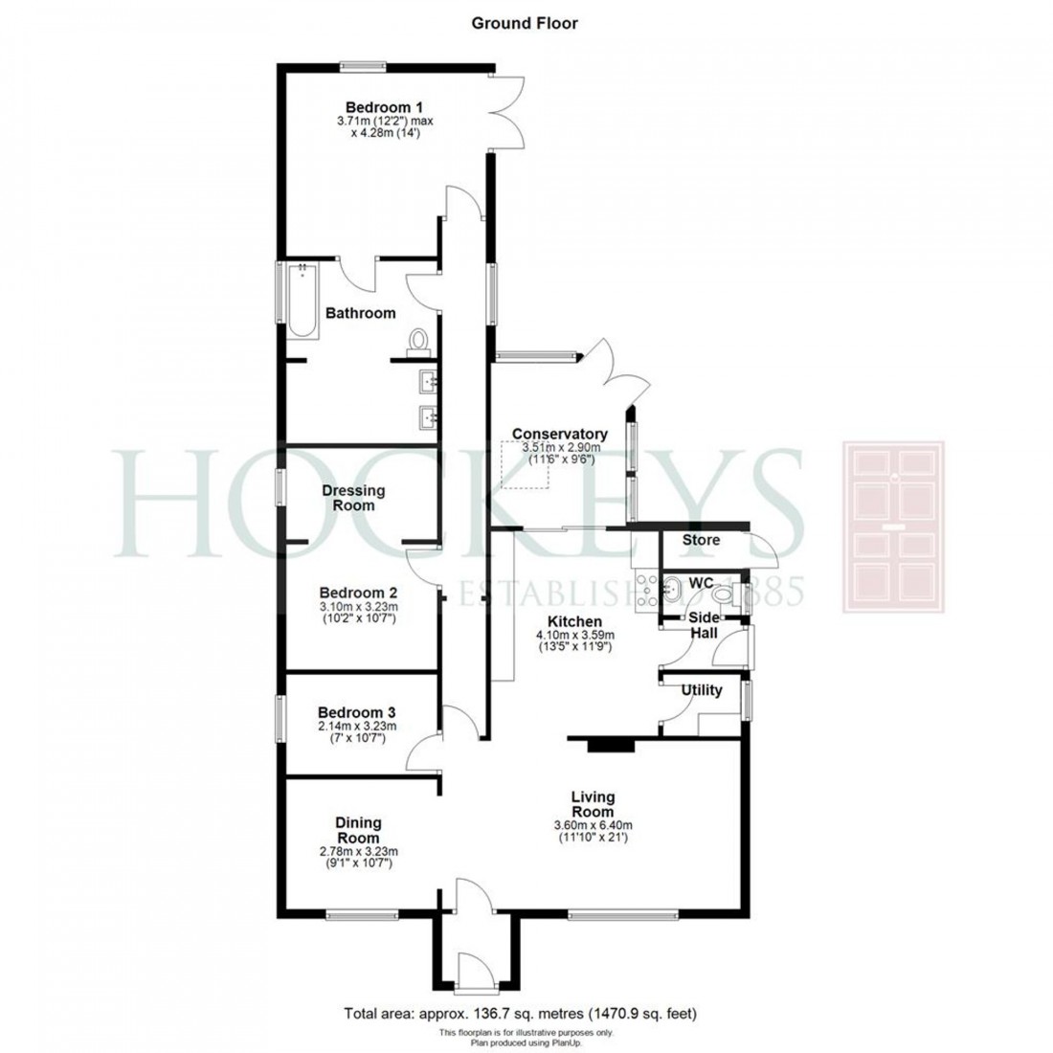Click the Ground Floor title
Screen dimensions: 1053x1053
pyautogui.click(x=525, y=23)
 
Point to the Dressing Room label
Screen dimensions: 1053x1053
pyautogui.click(x=353, y=497)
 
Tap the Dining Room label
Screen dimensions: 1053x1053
pyautogui.click(x=359, y=829)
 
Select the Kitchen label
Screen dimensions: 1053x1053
pyautogui.click(x=574, y=620)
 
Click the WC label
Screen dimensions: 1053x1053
pyautogui.click(x=701, y=582)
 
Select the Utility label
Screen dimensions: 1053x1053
pyautogui.click(x=702, y=690)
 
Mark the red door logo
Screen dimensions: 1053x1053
pyautogui.click(x=893, y=526)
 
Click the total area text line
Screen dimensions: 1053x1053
pyautogui.click(x=526, y=1013)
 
